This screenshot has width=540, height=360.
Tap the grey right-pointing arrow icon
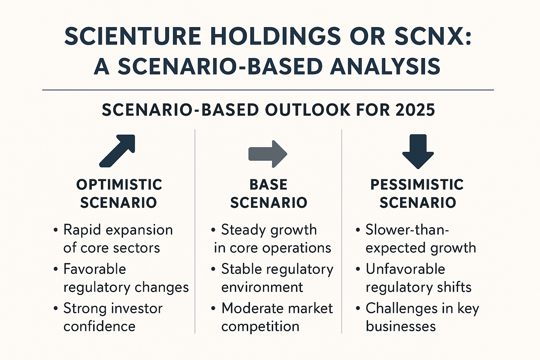268,154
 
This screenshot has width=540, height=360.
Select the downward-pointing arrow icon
418,151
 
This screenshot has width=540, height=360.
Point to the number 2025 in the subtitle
415,110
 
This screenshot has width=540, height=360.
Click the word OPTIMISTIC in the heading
119,185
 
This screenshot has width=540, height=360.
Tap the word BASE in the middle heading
269,185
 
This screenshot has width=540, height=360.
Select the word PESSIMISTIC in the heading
417,185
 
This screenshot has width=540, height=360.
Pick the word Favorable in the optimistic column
95,269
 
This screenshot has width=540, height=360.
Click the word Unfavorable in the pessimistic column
405,269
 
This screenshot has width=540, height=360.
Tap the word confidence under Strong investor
99,327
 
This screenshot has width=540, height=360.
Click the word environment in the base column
262,288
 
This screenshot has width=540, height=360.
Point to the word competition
260,327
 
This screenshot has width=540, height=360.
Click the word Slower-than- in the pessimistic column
407,230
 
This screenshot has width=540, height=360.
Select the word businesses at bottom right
401,327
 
